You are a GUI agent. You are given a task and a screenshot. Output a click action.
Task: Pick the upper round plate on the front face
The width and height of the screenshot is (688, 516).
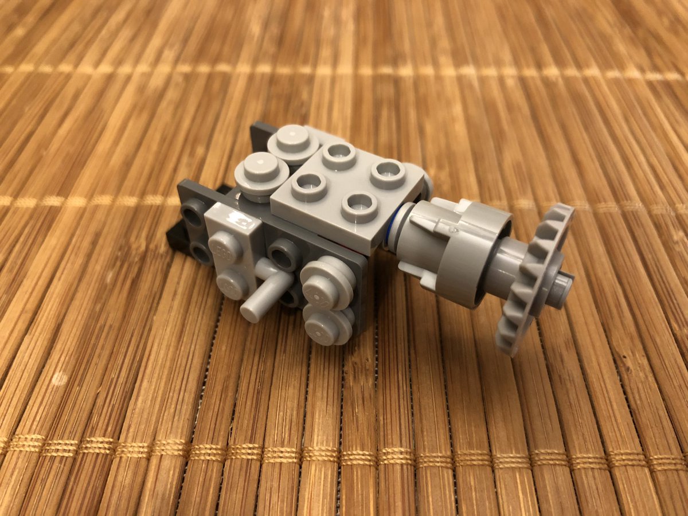[327, 280]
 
